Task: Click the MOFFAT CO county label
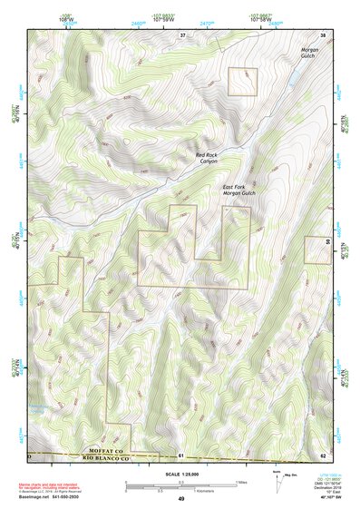pyautogui.click(x=108, y=450)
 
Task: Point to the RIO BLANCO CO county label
pyautogui.click(x=108, y=457)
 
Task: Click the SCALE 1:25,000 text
pyautogui.click(x=180, y=474)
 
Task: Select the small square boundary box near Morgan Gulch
pyautogui.click(x=242, y=82)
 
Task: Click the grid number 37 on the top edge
pyautogui.click(x=181, y=34)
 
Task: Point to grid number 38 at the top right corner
pyautogui.click(x=322, y=34)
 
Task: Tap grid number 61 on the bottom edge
pyautogui.click(x=181, y=455)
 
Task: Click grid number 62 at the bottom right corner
pyautogui.click(x=323, y=455)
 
